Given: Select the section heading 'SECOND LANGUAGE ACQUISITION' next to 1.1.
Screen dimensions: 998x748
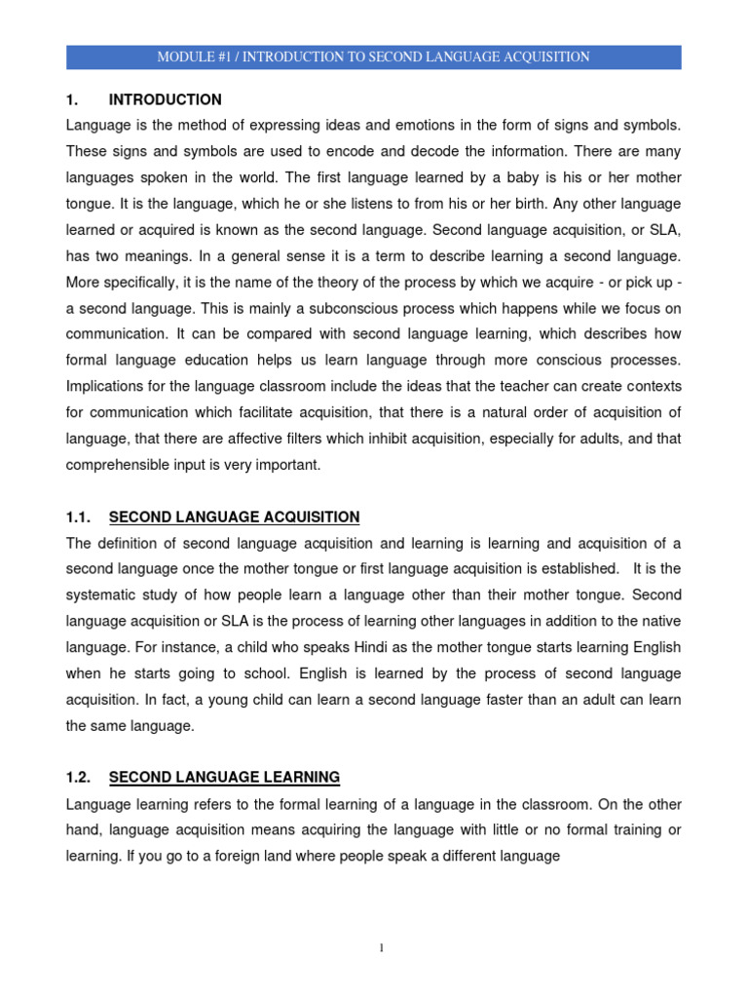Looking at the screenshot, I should click(x=234, y=517).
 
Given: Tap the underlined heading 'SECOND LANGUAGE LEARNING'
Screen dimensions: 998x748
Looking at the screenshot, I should click(x=224, y=777).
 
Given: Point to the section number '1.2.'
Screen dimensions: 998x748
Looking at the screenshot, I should click(x=79, y=777).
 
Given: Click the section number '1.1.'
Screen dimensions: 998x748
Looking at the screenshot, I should click(x=79, y=517).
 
